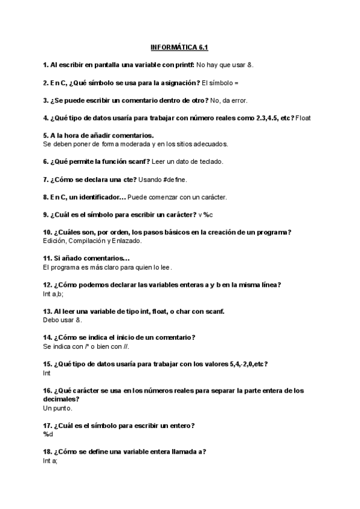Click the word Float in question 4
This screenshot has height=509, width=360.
point(303,118)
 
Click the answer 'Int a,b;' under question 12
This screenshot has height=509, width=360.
point(53,294)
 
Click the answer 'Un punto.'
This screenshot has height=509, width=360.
point(58,408)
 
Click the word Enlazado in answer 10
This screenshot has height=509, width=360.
point(127,241)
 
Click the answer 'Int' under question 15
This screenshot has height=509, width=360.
point(47,373)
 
